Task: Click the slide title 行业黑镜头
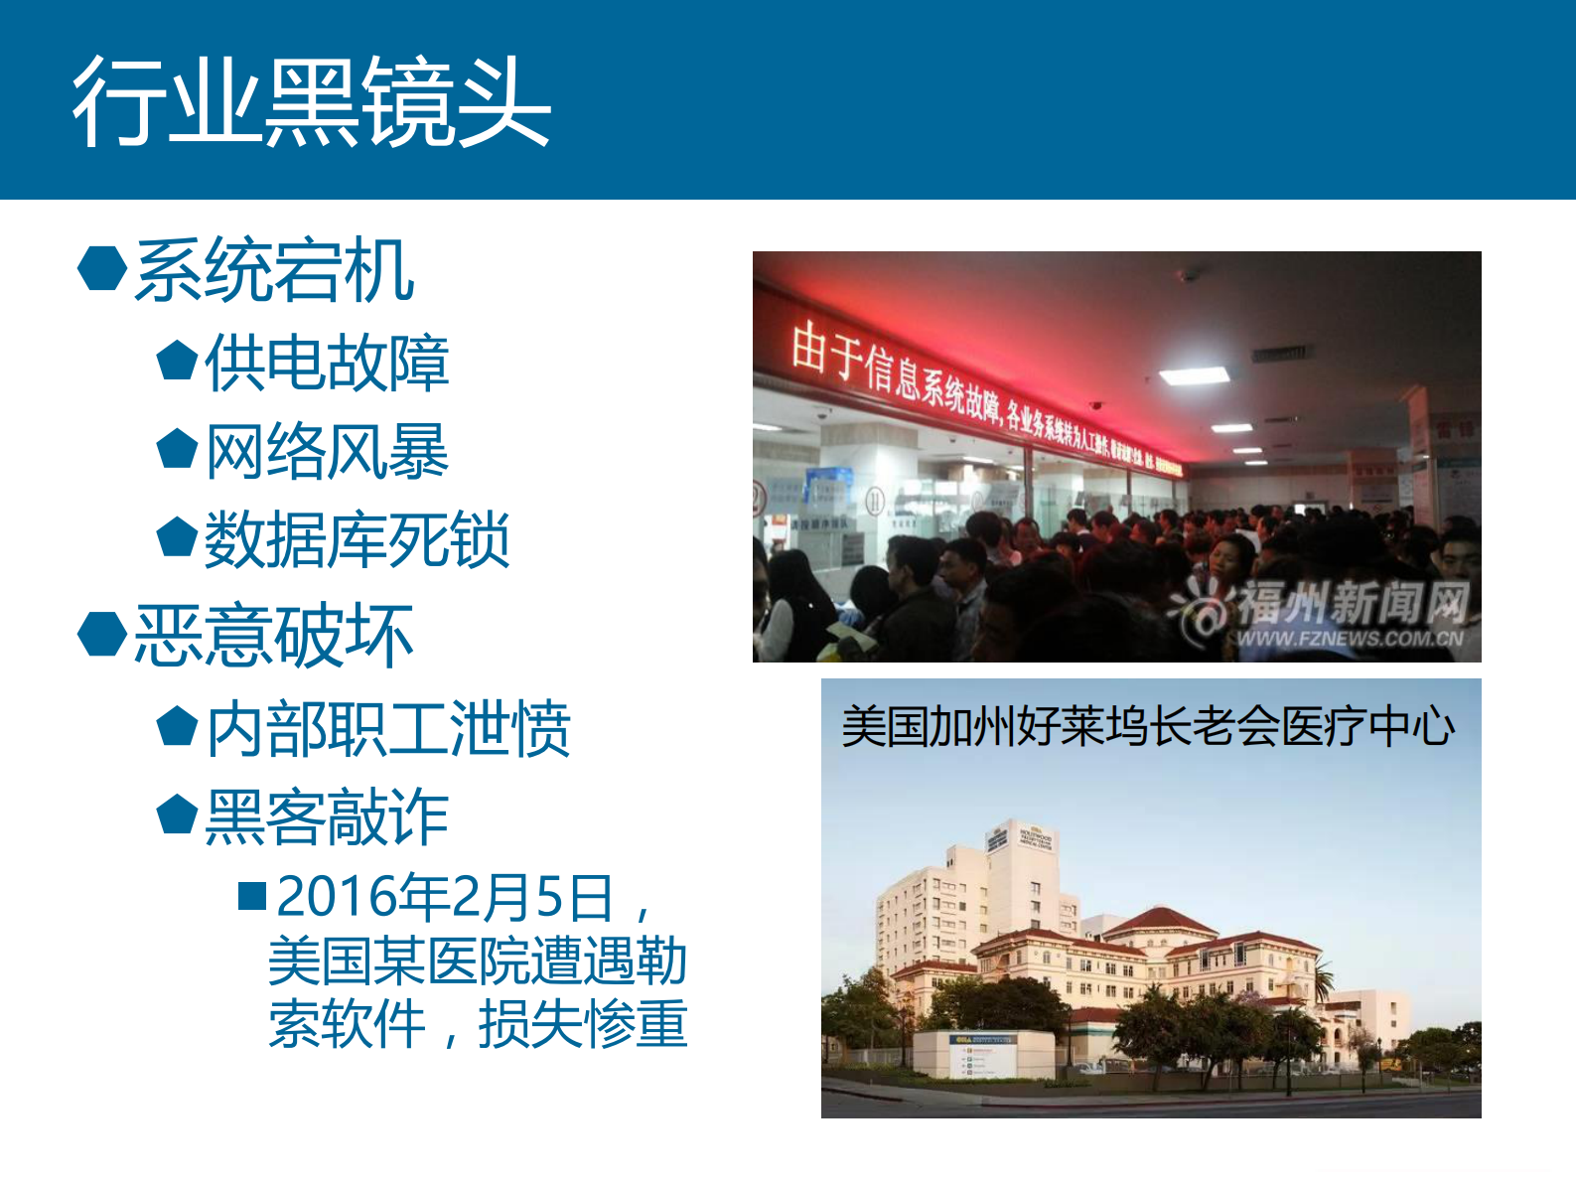click(x=311, y=101)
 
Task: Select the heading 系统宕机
click(x=274, y=270)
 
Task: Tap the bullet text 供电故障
click(x=327, y=363)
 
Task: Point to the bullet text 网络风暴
click(x=327, y=452)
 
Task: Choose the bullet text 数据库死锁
click(x=358, y=540)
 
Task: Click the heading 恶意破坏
click(x=274, y=636)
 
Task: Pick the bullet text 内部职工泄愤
click(x=388, y=729)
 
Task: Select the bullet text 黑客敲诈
click(x=327, y=817)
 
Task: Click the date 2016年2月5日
click(x=444, y=897)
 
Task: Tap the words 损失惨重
click(x=583, y=1024)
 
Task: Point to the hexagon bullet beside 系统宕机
click(x=102, y=268)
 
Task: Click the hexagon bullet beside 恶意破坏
click(x=102, y=634)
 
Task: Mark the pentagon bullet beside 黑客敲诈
click(x=178, y=814)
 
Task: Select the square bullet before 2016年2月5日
click(x=252, y=896)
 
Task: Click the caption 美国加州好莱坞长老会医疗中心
click(x=1148, y=726)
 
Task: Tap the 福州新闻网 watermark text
click(x=1352, y=602)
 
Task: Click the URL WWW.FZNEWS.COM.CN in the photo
click(x=1350, y=639)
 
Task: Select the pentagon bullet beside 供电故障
click(x=178, y=360)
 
